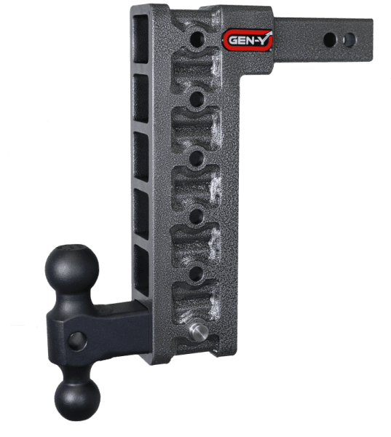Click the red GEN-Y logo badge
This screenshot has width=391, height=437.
pyautogui.click(x=247, y=41)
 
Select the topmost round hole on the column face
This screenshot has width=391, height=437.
pyautogui.click(x=194, y=37)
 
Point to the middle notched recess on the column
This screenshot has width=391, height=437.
pyautogui.click(x=194, y=186)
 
